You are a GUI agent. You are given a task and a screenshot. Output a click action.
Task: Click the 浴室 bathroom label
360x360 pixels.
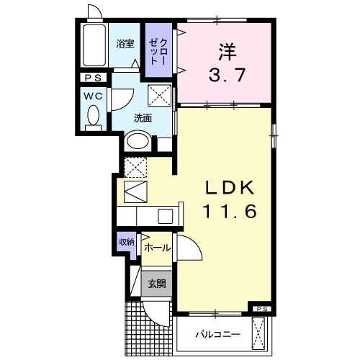click(125, 43)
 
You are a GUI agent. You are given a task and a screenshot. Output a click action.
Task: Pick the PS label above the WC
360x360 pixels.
click(93, 78)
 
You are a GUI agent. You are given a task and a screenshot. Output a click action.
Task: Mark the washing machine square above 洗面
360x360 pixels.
click(159, 94)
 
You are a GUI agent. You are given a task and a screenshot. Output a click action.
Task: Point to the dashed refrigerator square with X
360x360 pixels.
click(135, 167)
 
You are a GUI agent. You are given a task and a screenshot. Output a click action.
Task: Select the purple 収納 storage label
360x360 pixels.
click(126, 242)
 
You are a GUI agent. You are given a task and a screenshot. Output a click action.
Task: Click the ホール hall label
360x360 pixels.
click(157, 248)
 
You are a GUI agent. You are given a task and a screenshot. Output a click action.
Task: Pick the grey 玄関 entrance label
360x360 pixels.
click(157, 283)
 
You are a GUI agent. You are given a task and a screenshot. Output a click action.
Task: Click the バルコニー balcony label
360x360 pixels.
click(215, 334)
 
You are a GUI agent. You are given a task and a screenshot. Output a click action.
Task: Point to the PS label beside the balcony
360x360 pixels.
click(262, 310)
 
